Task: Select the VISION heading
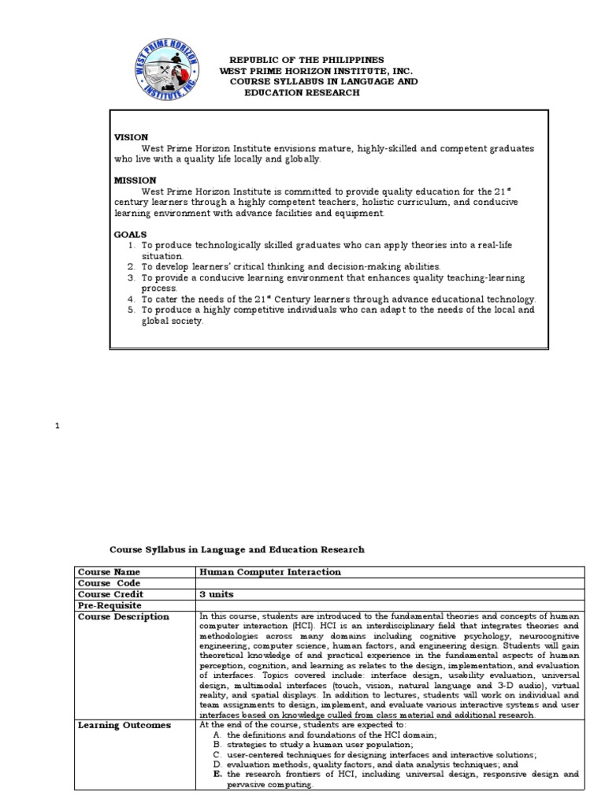132,137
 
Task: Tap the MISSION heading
135,180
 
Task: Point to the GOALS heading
131,235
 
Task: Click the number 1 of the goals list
132,246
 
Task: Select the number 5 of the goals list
132,311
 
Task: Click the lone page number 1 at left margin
57,426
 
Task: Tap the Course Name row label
109,572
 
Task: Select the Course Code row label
108,583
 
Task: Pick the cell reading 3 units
217,594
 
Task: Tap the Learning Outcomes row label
124,725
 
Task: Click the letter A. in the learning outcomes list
217,734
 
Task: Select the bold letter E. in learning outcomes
217,775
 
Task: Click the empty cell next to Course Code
390,583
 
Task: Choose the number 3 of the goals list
132,278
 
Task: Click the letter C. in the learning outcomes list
217,754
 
